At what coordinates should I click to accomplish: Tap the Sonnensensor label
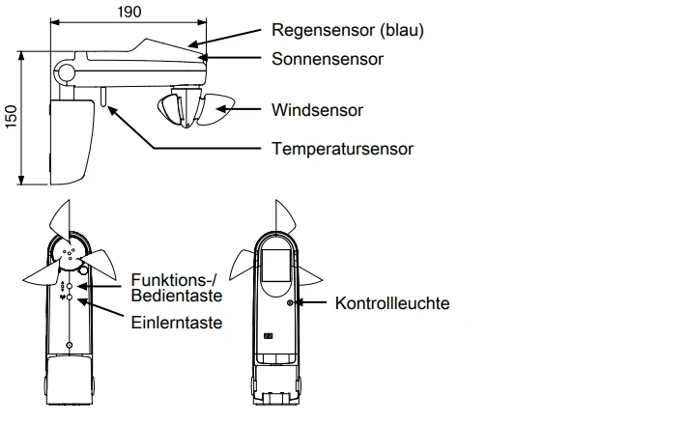328,59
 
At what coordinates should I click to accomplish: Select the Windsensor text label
317,110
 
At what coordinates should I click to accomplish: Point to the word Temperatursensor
342,149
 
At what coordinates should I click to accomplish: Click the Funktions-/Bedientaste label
177,287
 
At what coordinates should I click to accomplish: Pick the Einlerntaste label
176,322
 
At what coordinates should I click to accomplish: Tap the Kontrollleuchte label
392,303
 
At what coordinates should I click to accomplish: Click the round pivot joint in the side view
66,73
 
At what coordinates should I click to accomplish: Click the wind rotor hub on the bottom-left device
68,253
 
